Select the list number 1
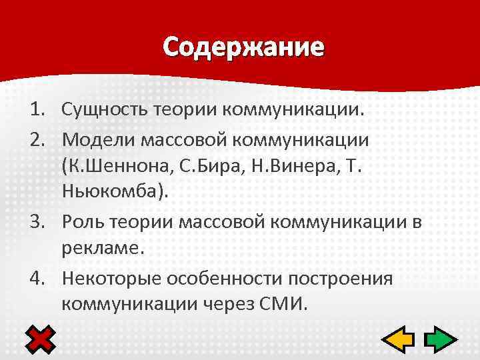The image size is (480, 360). pos(35,109)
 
